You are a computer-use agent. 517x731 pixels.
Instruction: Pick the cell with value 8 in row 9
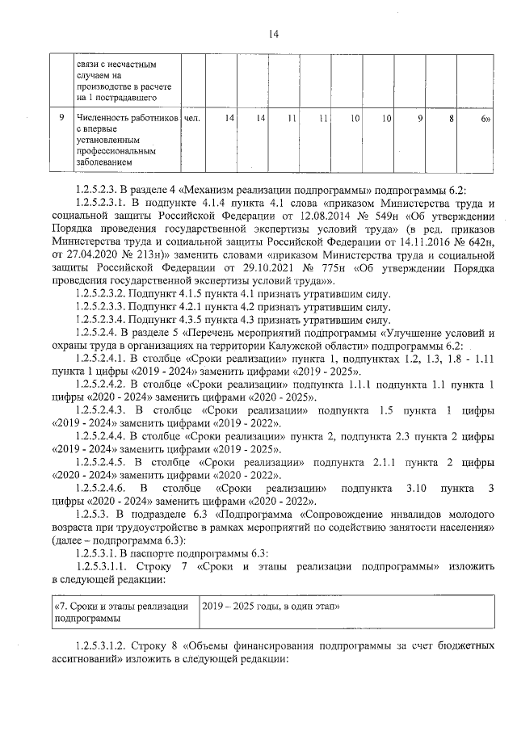450,119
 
